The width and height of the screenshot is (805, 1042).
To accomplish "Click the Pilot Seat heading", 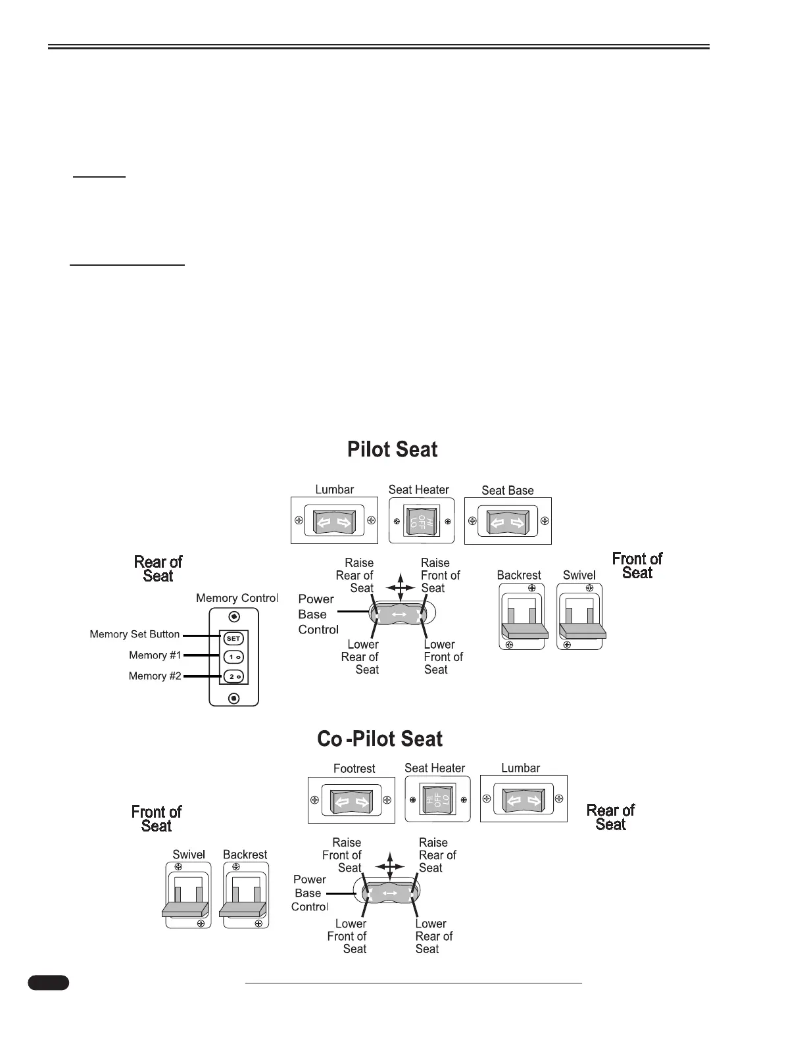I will pyautogui.click(x=392, y=450).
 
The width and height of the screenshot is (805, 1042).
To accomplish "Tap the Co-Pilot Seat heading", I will pyautogui.click(x=379, y=739).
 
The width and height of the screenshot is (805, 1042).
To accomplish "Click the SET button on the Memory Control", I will pyautogui.click(x=233, y=638).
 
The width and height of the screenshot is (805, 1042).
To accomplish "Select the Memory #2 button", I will pyautogui.click(x=233, y=676).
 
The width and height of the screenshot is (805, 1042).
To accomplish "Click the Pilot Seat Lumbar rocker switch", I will pyautogui.click(x=334, y=522).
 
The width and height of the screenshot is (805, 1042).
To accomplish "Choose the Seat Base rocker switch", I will pyautogui.click(x=508, y=522).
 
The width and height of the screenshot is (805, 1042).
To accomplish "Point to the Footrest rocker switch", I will pyautogui.click(x=351, y=801).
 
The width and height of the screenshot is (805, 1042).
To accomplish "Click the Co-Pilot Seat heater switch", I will pyautogui.click(x=437, y=800).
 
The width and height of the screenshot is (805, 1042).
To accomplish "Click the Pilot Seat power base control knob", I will pyautogui.click(x=399, y=614).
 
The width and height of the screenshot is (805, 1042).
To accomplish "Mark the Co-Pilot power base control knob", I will pyautogui.click(x=389, y=893).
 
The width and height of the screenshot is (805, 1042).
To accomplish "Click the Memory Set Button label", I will pyautogui.click(x=135, y=634).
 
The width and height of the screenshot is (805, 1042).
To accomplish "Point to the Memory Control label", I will pyautogui.click(x=237, y=598).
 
